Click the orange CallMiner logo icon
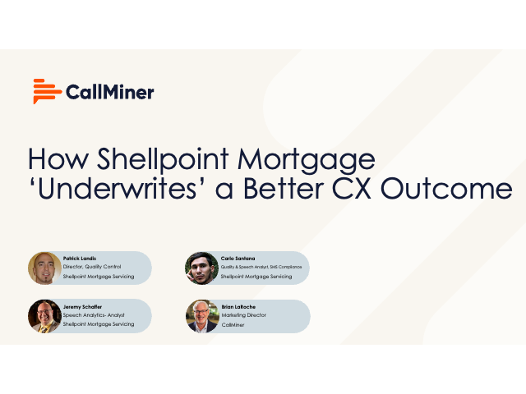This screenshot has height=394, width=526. point(46,91)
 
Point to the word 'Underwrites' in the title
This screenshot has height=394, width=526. point(111,189)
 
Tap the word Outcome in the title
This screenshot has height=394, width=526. point(459,189)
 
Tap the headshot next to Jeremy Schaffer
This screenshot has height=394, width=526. point(44,316)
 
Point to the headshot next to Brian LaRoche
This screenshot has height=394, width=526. point(201,316)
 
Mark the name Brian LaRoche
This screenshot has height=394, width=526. point(239,306)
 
